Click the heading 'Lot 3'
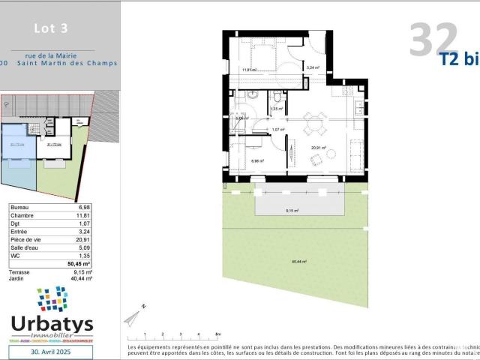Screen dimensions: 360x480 coord(51,29)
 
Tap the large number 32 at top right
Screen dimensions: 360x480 coord(433,40)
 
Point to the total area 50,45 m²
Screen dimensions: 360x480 coord(79,264)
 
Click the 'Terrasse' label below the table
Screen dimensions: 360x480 coord(22,271)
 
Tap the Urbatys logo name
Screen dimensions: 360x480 coord(52,323)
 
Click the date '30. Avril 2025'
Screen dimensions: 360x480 coord(52,350)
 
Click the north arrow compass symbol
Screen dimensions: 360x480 coord(133,316)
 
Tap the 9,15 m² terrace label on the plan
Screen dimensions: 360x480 coord(291,211)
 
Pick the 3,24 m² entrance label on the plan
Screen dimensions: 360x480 coord(313,67)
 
